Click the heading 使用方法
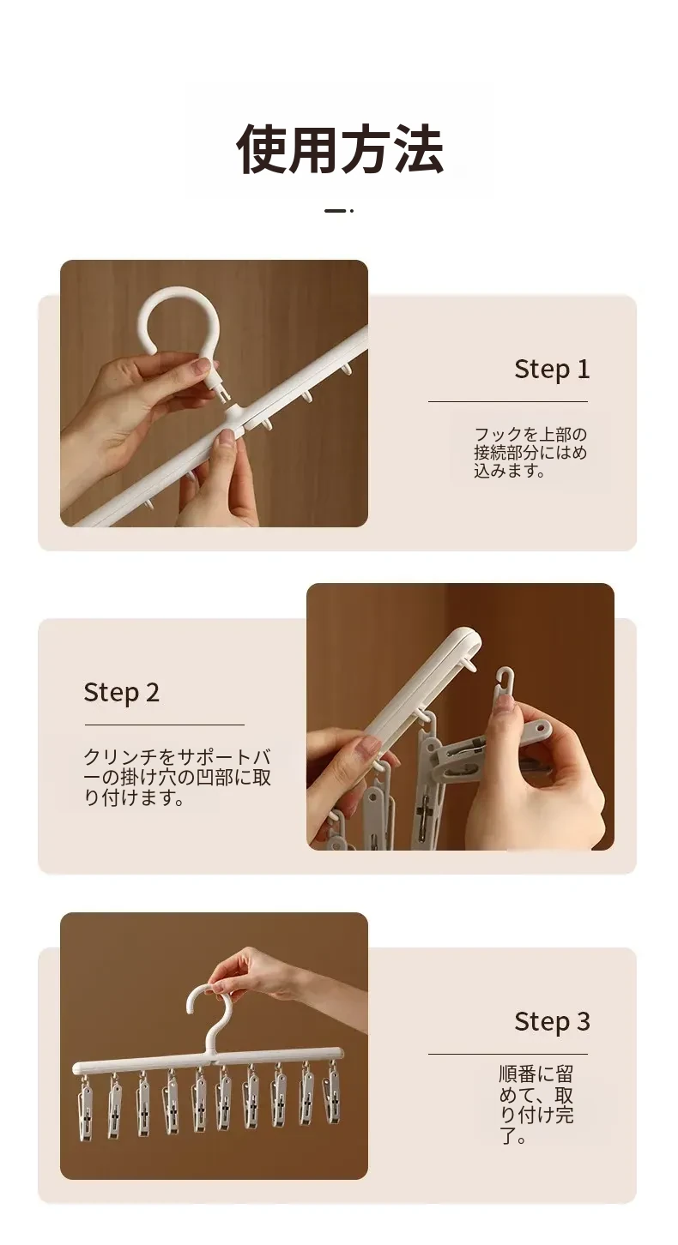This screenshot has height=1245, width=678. [x=340, y=149]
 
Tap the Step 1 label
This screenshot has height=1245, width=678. [x=552, y=369]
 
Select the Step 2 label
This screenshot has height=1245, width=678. [x=121, y=693]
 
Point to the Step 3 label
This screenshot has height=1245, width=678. [x=552, y=1021]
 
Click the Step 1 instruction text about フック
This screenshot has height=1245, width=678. [x=530, y=453]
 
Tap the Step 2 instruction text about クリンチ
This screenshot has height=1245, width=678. [x=178, y=777]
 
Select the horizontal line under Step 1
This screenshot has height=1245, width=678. [x=508, y=401]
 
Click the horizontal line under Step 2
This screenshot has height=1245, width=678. [x=165, y=725]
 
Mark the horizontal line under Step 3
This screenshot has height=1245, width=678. [x=508, y=1054]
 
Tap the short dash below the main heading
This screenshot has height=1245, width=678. [x=334, y=211]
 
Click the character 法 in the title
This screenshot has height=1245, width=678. [x=418, y=149]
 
